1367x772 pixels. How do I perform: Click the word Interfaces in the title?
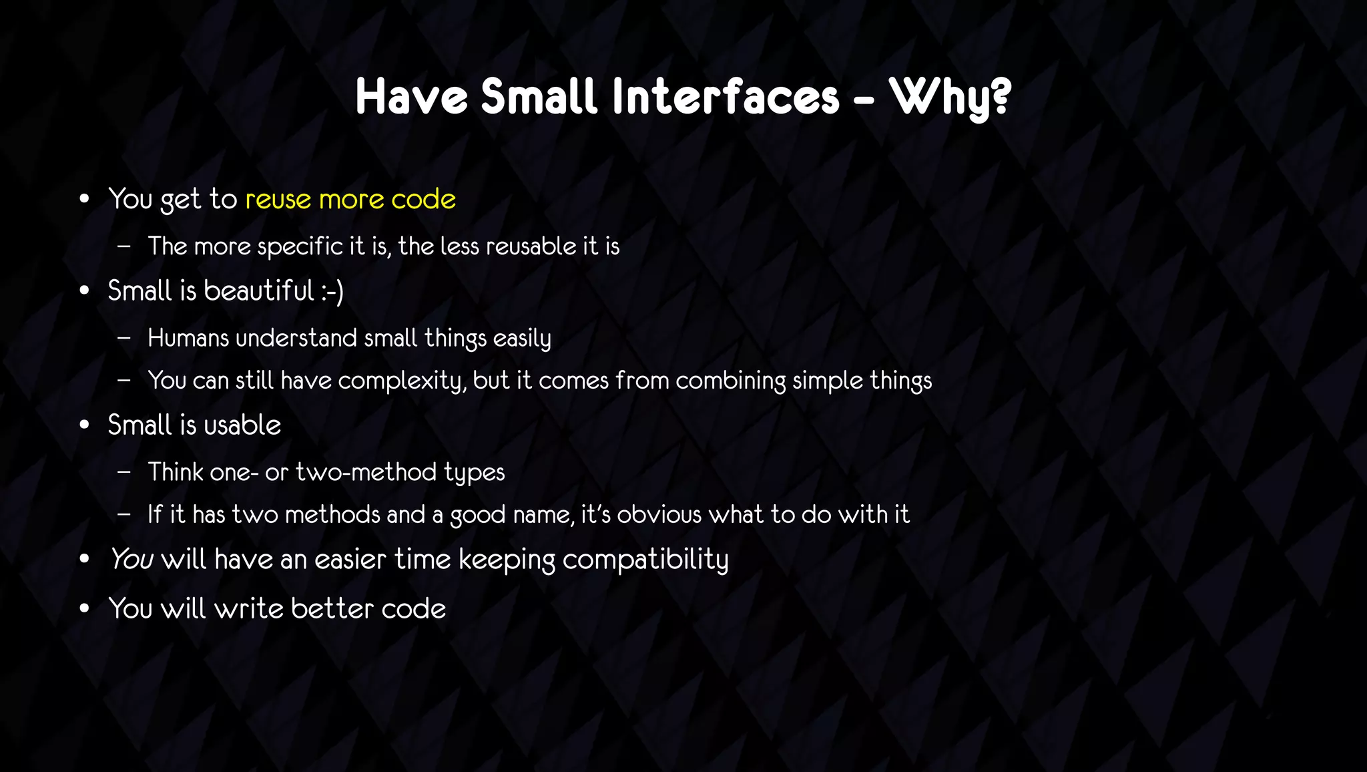coord(726,98)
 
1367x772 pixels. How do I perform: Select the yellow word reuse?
coord(278,200)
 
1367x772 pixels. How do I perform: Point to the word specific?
coord(300,247)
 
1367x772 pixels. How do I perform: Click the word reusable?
coord(531,246)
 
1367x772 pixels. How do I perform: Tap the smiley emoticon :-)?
coord(332,292)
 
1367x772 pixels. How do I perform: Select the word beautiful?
coord(258,291)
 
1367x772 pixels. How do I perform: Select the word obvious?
coord(659,515)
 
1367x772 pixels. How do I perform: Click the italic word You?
coord(131,560)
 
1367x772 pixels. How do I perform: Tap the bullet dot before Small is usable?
coord(84,425)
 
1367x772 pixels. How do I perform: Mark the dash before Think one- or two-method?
coord(123,472)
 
